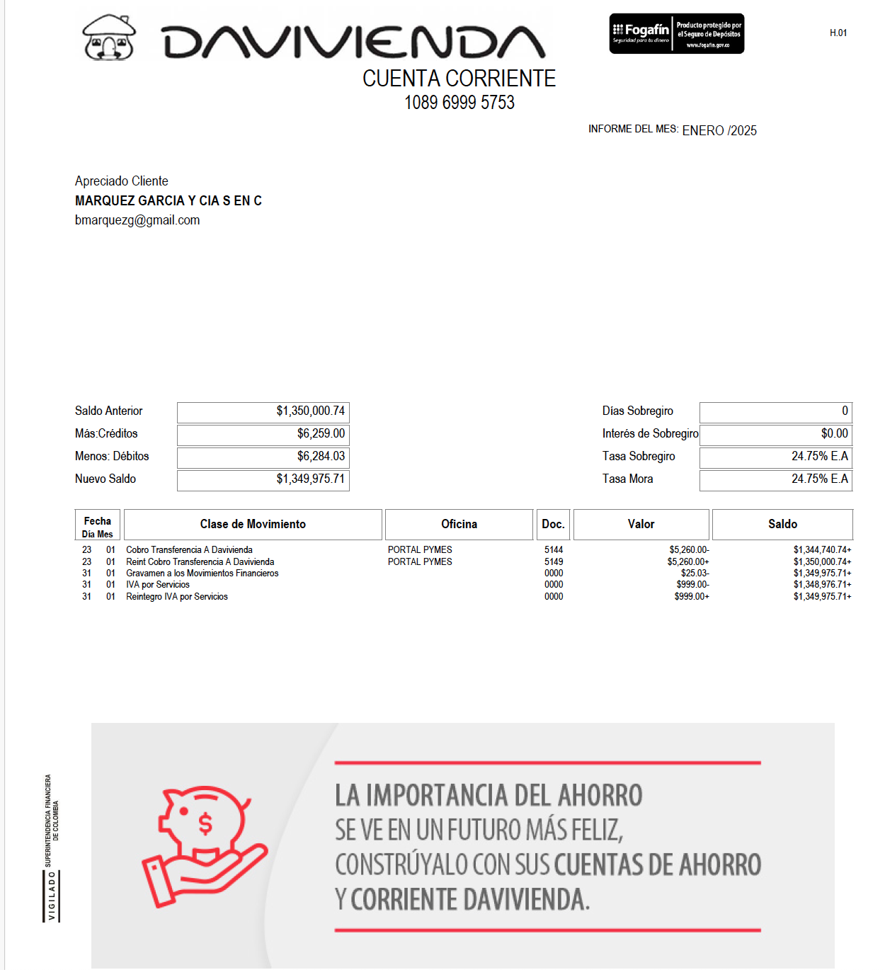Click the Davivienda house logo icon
pos(109,37)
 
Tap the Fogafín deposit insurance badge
pos(676,33)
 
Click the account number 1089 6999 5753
pos(459,103)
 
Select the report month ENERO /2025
pos(719,130)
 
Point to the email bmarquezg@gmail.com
pos(137,220)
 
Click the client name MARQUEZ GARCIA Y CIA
pos(169,201)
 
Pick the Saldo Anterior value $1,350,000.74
pos(310,411)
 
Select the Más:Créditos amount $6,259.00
pos(321,433)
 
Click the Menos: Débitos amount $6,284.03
pos(321,456)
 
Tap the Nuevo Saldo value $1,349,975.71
pos(310,479)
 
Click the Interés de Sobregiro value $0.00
pos(834,433)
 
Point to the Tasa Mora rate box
pos(776,479)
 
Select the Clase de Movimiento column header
pos(253,524)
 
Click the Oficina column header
pos(459,524)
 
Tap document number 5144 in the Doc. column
pos(554,549)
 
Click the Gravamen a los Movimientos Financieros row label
pos(202,573)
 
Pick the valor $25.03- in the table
pos(695,573)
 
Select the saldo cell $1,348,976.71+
pos(822,585)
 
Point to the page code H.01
pos(838,33)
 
